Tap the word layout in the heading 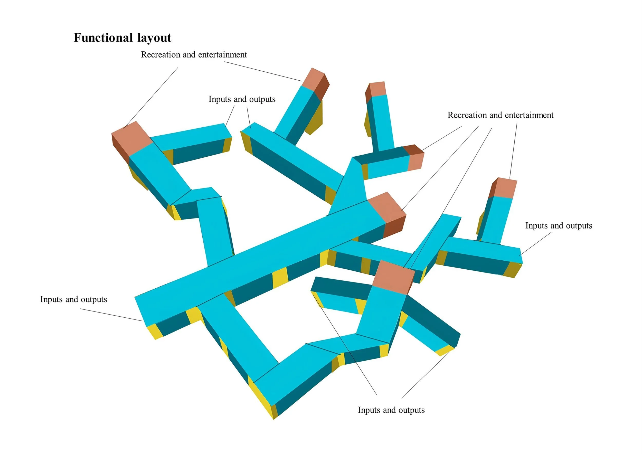(x=154, y=38)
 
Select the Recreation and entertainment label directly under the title (x=194, y=54)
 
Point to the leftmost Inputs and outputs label (x=73, y=299)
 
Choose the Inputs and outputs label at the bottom (x=391, y=410)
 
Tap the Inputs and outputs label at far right (x=559, y=226)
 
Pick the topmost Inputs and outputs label (x=242, y=99)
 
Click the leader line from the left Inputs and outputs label (x=111, y=315)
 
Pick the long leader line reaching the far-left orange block (x=151, y=98)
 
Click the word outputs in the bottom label (x=411, y=410)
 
